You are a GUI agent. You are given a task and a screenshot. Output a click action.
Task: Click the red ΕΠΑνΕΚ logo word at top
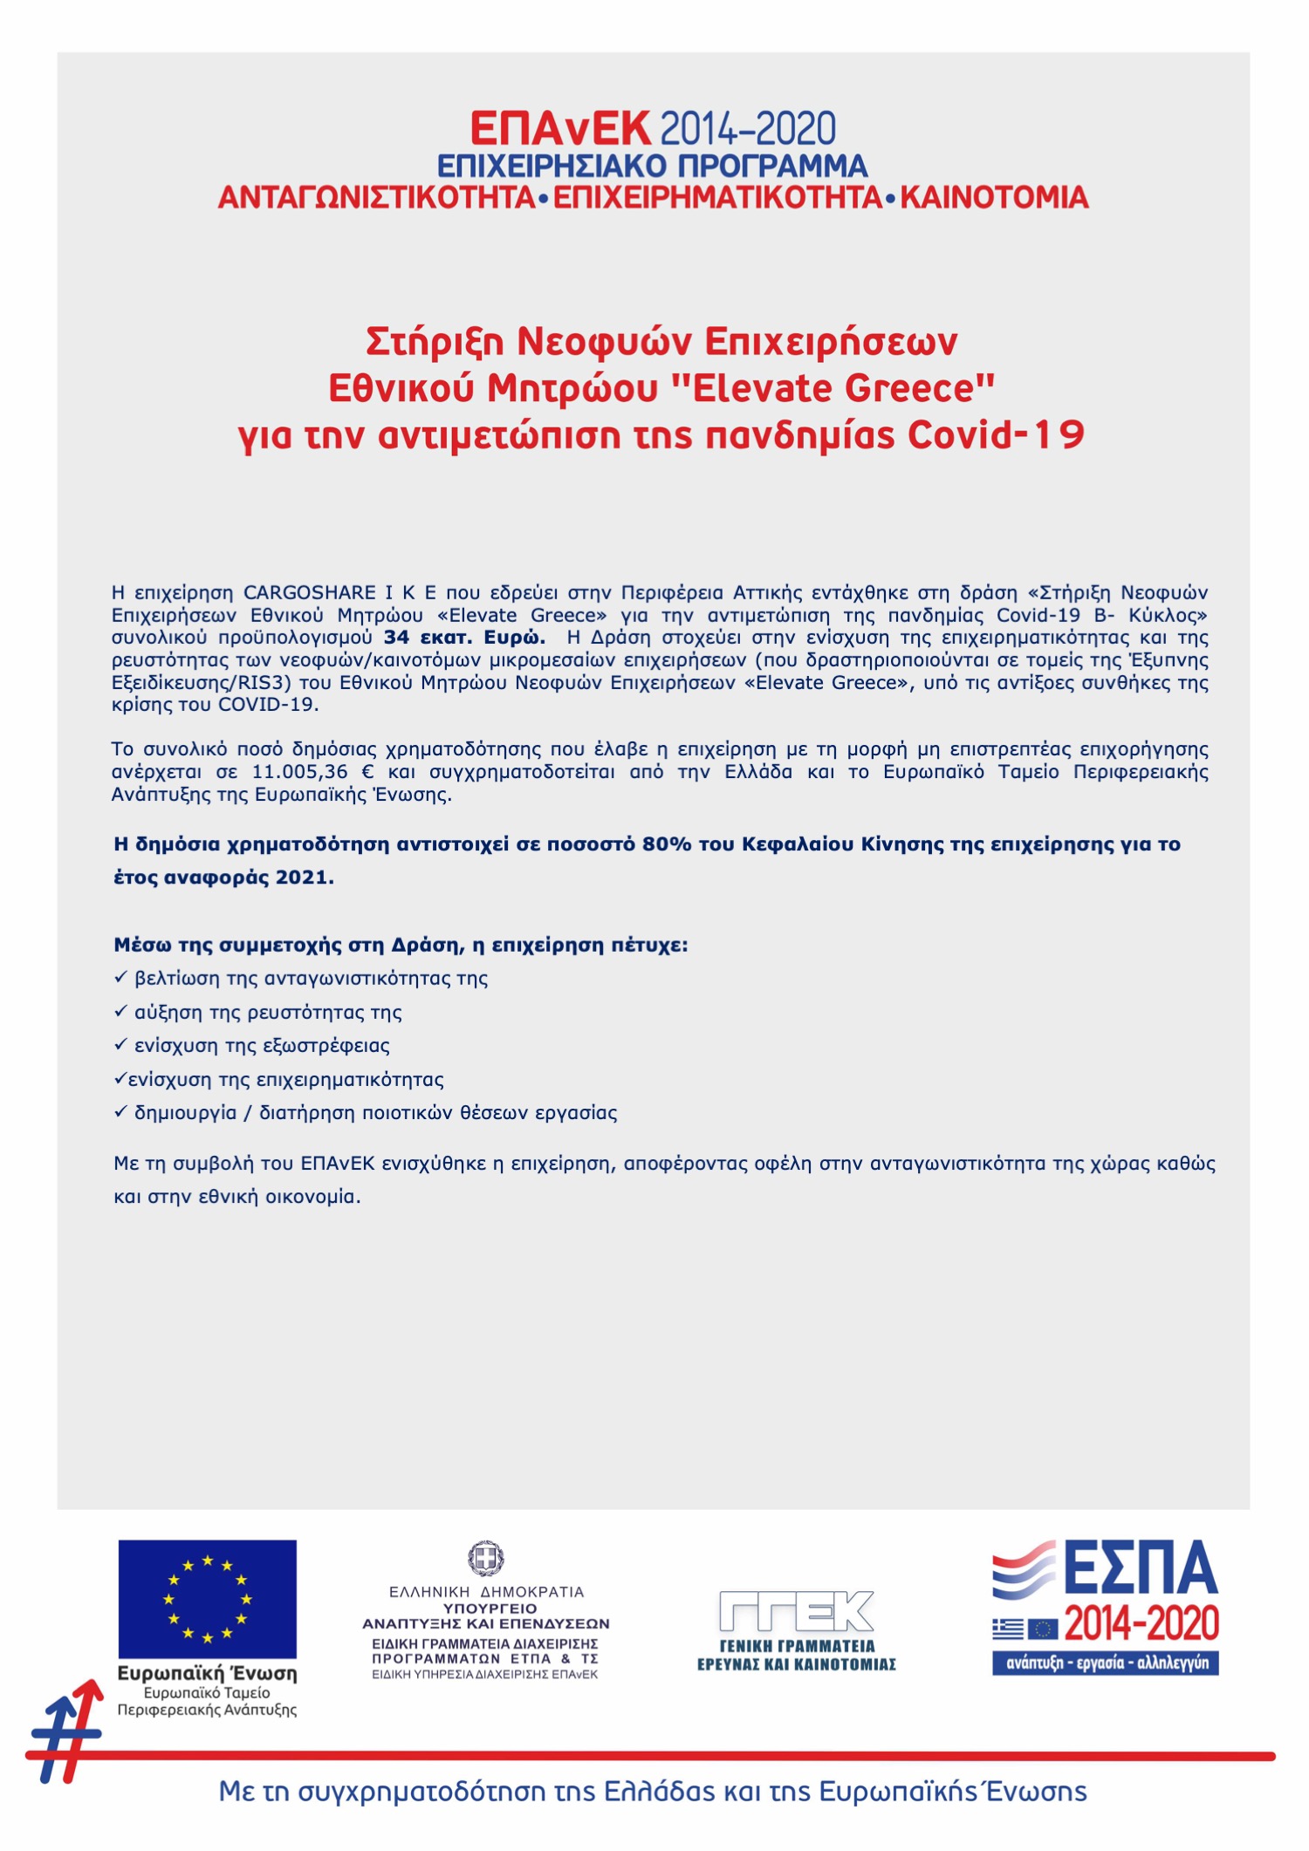point(559,129)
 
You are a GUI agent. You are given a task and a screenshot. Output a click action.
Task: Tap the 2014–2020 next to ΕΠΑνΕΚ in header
point(748,129)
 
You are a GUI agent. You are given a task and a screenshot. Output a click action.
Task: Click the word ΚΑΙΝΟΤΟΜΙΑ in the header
point(994,198)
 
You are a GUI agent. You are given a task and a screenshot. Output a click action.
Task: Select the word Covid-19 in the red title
point(996,434)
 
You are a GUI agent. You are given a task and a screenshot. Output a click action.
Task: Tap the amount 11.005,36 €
point(312,772)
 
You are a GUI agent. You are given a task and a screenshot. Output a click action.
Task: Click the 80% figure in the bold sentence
point(667,844)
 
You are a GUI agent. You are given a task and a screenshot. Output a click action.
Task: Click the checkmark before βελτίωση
point(120,978)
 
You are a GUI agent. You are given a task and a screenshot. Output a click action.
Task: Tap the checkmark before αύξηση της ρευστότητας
point(120,1012)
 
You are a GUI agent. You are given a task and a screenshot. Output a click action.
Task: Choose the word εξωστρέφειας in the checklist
point(326,1046)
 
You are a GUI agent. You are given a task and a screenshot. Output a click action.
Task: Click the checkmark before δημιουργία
point(120,1112)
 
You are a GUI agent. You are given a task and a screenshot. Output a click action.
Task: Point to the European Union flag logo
point(208,1599)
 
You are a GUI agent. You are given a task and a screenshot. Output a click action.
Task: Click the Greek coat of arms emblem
point(486,1559)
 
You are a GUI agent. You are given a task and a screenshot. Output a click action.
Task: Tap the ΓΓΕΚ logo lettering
point(796,1611)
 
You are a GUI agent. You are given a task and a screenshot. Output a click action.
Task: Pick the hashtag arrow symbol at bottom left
point(65,1731)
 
